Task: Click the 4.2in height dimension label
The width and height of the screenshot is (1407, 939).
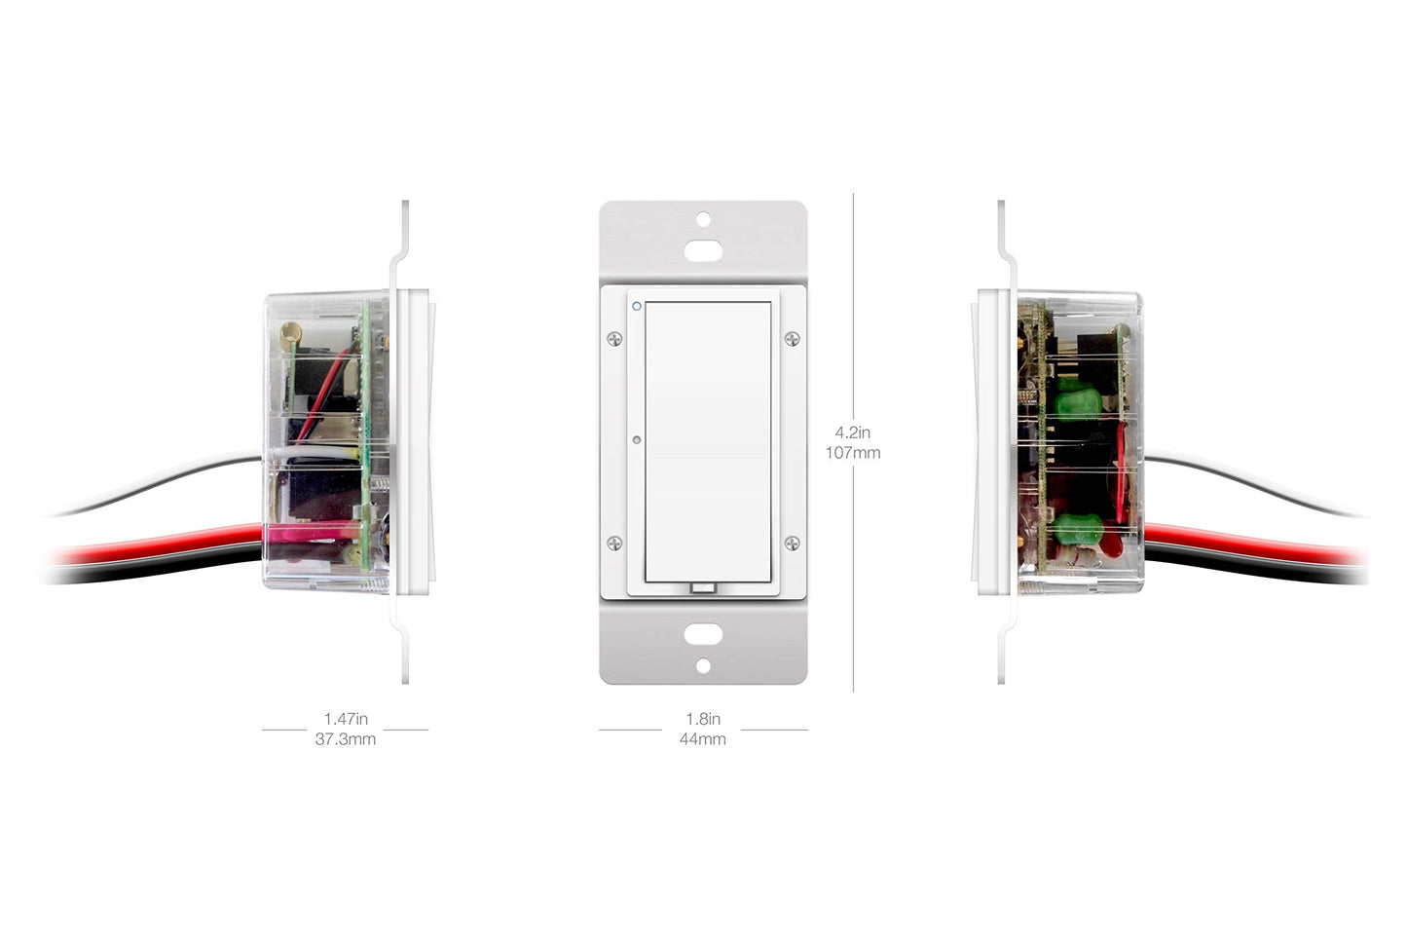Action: tap(852, 432)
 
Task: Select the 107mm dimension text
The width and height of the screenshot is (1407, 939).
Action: tap(852, 453)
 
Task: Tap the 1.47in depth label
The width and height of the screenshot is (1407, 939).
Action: tap(346, 719)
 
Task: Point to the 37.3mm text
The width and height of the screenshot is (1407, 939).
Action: tap(346, 738)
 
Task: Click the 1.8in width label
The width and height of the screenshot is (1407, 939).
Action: tap(703, 719)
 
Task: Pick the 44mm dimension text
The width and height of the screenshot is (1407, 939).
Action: tap(703, 738)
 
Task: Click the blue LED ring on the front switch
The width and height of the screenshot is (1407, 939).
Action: tap(637, 306)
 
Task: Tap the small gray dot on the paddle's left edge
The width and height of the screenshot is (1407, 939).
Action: tap(636, 440)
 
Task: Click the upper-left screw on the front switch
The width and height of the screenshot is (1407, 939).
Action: tap(614, 339)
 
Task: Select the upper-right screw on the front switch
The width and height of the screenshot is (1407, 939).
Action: tap(792, 339)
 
